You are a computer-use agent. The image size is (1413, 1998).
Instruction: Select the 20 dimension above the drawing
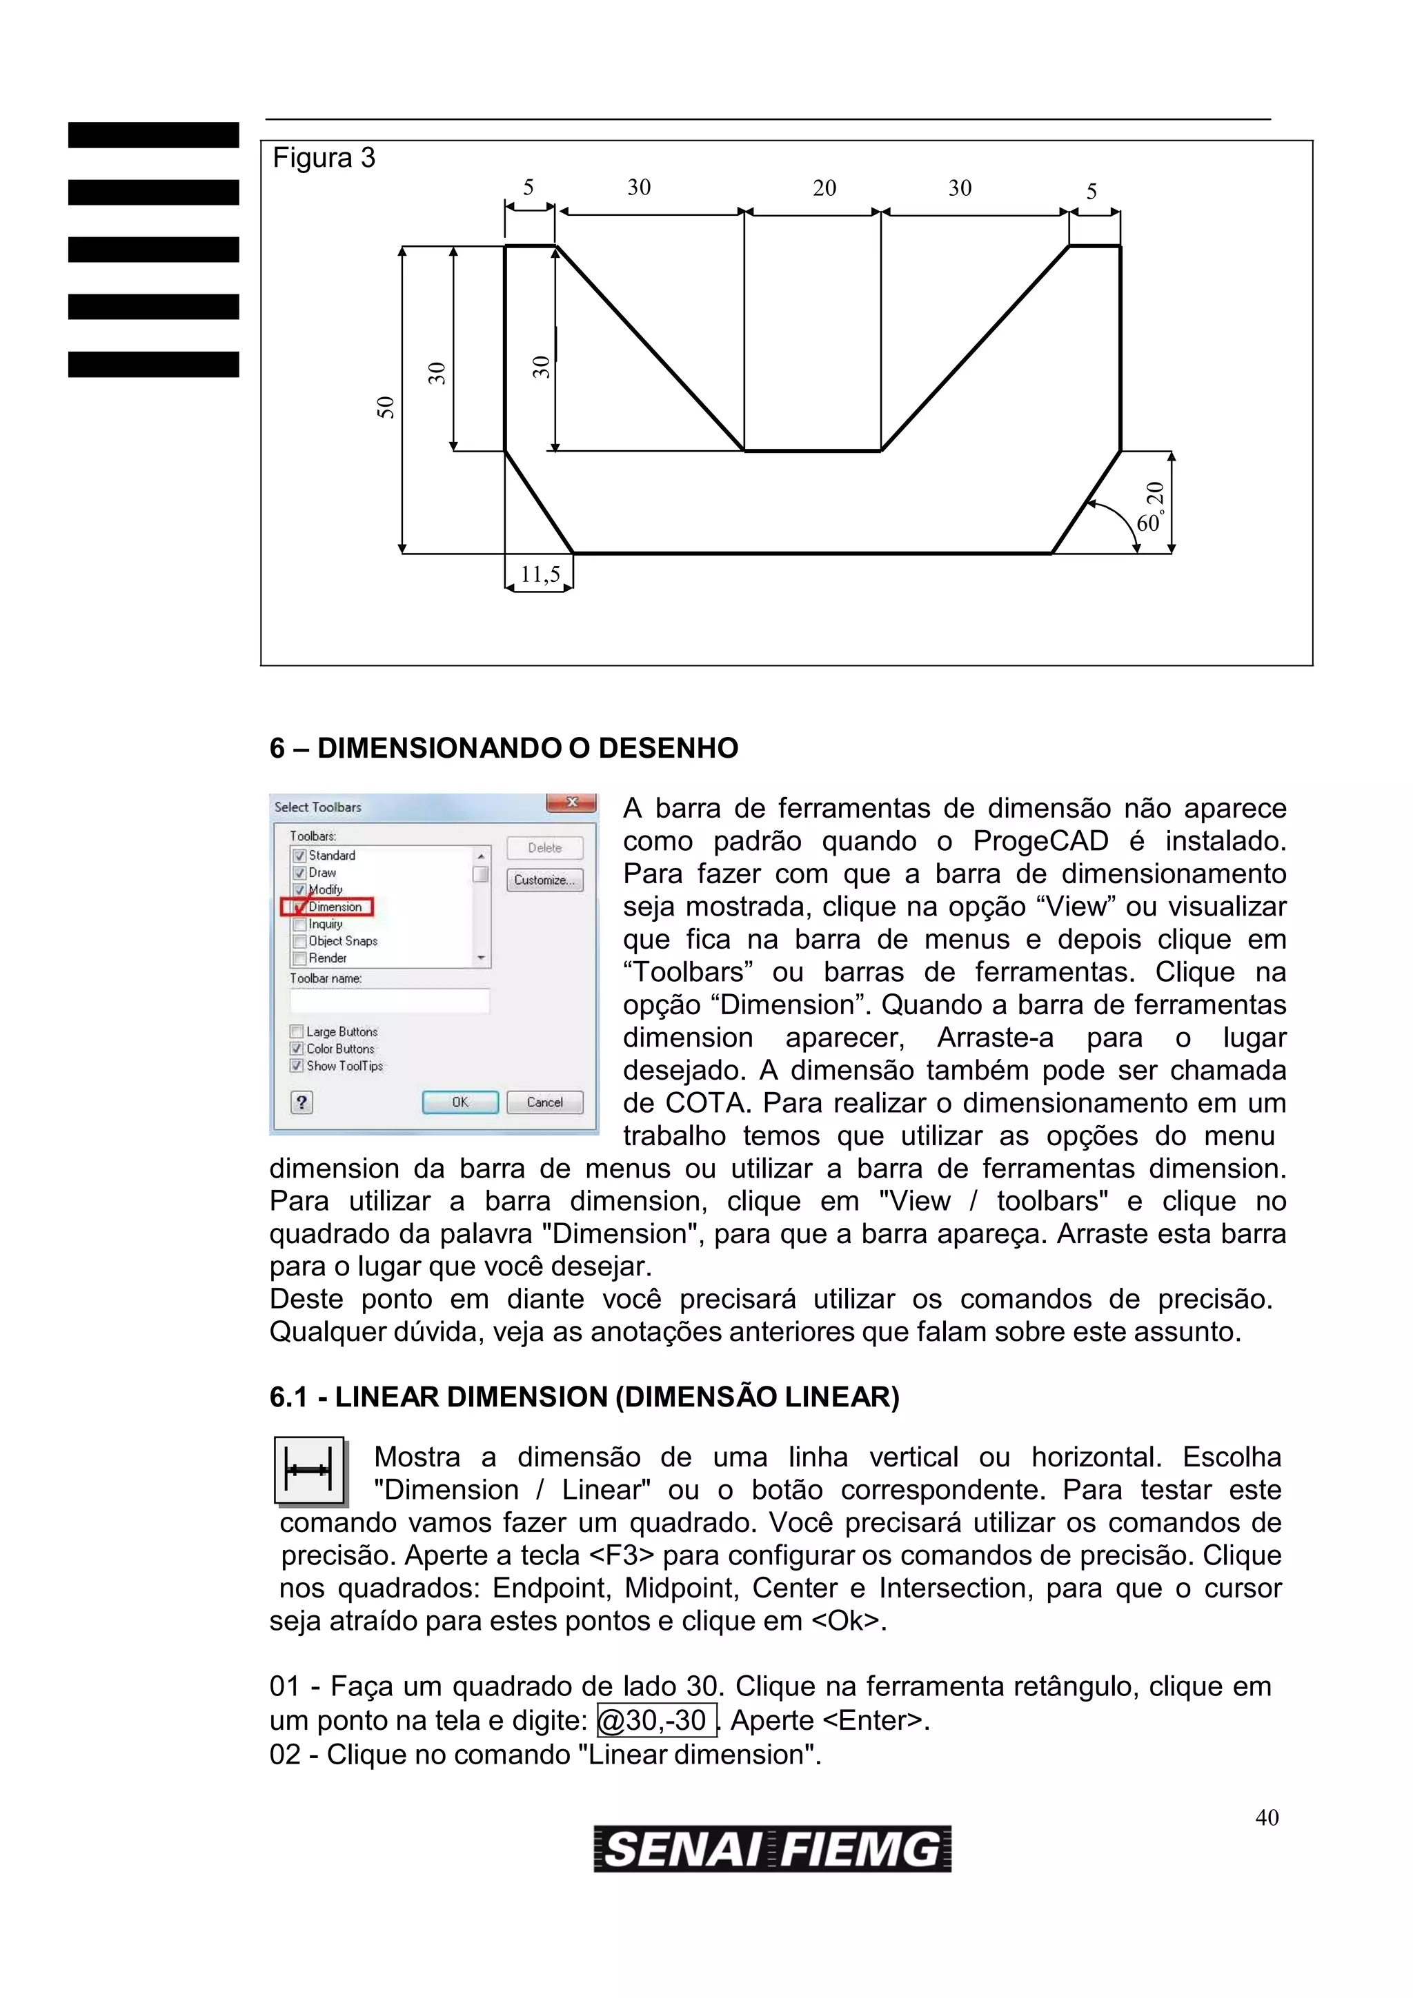point(824,188)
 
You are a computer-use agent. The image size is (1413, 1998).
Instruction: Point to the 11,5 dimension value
point(540,574)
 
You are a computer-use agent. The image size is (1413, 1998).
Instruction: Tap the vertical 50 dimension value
point(386,406)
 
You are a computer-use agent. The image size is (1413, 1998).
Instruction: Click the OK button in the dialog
point(460,1102)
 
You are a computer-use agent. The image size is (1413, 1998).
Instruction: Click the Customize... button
point(544,880)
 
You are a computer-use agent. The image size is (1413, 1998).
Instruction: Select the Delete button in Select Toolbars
point(544,847)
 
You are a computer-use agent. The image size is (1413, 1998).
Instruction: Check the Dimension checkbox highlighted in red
point(299,907)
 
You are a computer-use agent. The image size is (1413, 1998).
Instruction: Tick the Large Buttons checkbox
point(297,1031)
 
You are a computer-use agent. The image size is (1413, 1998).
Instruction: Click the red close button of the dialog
point(571,803)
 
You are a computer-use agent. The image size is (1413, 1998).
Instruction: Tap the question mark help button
point(302,1102)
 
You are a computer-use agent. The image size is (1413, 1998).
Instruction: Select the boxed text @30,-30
point(655,1719)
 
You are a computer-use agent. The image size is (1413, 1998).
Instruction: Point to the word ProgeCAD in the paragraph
point(1040,842)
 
